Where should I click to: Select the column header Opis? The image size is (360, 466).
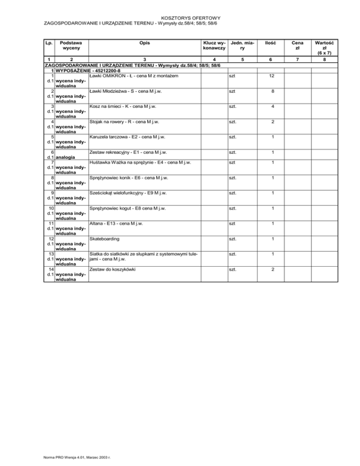[144, 43]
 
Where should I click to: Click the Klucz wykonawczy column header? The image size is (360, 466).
[214, 45]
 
